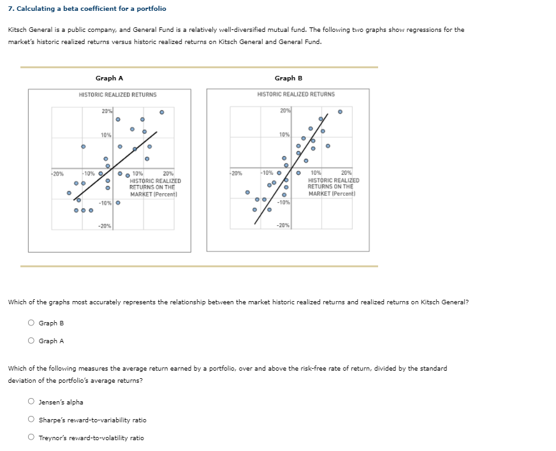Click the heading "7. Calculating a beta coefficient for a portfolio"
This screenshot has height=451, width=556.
tap(87, 8)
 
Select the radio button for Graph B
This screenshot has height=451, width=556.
tap(30, 323)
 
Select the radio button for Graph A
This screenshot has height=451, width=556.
tap(30, 341)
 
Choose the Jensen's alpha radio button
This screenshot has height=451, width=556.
tap(30, 402)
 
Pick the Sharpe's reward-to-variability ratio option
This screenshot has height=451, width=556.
tap(30, 420)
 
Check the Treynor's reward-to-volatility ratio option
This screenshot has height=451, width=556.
tap(30, 438)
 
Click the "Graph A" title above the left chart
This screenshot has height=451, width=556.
tap(109, 78)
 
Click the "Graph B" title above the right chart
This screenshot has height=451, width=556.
tap(288, 78)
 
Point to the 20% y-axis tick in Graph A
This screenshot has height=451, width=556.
tap(106, 112)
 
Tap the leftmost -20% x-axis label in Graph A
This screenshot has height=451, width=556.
tap(57, 174)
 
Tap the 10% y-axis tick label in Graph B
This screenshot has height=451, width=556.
tap(284, 135)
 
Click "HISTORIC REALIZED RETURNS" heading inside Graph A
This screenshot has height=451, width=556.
tap(117, 94)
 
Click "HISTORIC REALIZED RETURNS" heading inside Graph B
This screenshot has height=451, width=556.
tap(296, 94)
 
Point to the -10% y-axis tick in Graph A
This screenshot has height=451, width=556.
tap(105, 203)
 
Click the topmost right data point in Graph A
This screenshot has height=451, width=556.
tap(162, 112)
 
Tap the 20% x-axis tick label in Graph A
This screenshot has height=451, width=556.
tap(168, 174)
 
